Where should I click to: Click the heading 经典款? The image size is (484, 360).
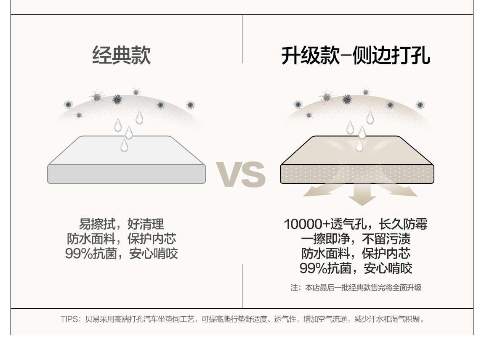(121, 56)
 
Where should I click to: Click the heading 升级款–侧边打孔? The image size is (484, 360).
(356, 56)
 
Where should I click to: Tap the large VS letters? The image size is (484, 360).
(241, 174)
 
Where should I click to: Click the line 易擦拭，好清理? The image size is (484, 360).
(121, 224)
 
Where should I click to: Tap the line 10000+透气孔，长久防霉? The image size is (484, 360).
(356, 224)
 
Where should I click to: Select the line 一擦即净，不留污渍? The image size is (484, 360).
(356, 239)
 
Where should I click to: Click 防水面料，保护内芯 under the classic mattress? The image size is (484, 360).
(121, 239)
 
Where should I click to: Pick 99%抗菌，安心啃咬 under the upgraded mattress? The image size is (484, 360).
(356, 268)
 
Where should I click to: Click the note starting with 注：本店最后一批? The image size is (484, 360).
(356, 288)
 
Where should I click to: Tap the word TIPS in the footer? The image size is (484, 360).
(69, 319)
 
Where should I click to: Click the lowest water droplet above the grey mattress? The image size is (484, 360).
(124, 146)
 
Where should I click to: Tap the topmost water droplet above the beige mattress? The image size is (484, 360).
(370, 117)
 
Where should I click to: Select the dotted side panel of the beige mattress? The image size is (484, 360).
(357, 174)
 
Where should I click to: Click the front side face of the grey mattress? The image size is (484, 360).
(126, 174)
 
